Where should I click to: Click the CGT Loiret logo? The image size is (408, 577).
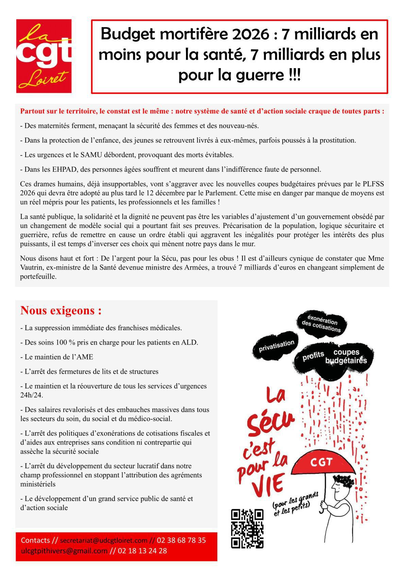[x=44, y=56]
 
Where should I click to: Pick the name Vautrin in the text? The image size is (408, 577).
[x=32, y=268]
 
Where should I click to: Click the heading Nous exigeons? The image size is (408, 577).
[x=61, y=311]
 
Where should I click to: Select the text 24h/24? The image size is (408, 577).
[x=32, y=395]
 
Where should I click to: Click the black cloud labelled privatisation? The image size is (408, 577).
[x=276, y=346]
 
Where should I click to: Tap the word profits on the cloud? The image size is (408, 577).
[x=313, y=356]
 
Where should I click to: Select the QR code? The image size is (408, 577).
[x=247, y=529]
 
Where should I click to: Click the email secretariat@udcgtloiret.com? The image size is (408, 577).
[x=104, y=541]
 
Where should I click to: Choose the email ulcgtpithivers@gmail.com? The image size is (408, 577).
[x=64, y=551]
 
